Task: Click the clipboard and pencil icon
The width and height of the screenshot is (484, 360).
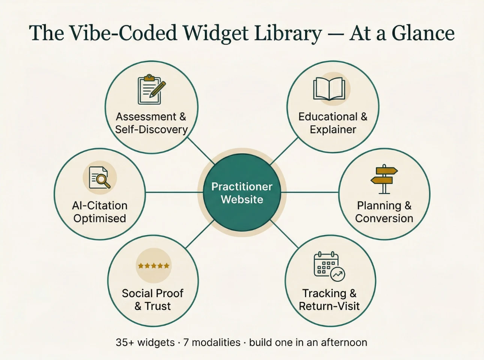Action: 152,89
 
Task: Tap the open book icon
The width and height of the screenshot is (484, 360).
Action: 329,89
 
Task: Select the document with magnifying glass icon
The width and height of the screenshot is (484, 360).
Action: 100,177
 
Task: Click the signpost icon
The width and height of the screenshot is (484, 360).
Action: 384,179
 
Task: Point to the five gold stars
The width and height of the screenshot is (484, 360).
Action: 153,265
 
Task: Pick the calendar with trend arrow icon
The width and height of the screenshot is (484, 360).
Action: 329,266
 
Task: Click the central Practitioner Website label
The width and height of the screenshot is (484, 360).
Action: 242,193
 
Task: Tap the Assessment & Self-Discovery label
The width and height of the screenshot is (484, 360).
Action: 151,123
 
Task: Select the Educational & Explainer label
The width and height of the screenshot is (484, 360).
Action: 333,123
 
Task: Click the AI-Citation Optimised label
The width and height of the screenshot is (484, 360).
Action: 100,212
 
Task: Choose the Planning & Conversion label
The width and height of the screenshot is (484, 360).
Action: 384,212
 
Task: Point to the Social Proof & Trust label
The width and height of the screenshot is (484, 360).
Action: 153,300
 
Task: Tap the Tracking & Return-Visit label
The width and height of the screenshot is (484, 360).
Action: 329,300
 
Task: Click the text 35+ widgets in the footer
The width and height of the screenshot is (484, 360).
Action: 145,342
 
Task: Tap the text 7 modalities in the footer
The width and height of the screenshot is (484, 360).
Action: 212,342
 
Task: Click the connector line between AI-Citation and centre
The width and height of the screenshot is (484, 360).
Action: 174,192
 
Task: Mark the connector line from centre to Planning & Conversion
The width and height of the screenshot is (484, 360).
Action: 310,192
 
